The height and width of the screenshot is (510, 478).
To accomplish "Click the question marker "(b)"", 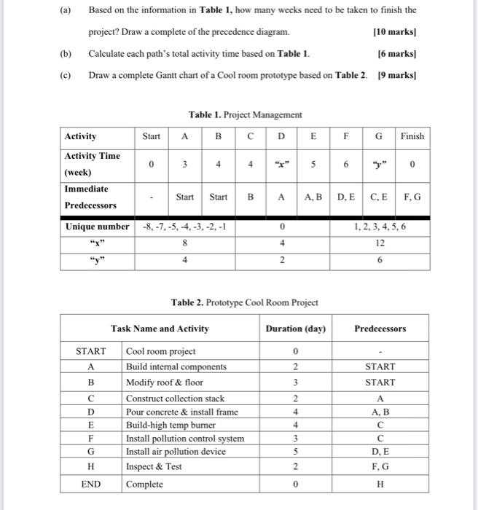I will pyautogui.click(x=66, y=54).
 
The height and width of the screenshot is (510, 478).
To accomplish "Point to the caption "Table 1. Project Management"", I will pyautogui.click(x=245, y=114).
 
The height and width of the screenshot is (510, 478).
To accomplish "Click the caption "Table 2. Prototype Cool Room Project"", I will pyautogui.click(x=244, y=302).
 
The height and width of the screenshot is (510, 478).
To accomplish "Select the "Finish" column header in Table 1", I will pyautogui.click(x=412, y=136).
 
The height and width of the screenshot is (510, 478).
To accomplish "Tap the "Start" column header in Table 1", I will pyautogui.click(x=151, y=136).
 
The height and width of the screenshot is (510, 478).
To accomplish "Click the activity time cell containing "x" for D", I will pyautogui.click(x=281, y=165).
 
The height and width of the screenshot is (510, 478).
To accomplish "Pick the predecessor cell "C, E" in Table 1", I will pyautogui.click(x=378, y=197).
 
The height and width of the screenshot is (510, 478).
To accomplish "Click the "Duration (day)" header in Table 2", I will pyautogui.click(x=294, y=329).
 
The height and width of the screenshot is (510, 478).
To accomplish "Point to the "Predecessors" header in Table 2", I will pyautogui.click(x=380, y=329).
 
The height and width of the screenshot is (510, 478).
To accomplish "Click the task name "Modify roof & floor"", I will pyautogui.click(x=165, y=382).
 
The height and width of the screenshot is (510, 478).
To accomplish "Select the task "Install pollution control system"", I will pyautogui.click(x=185, y=439).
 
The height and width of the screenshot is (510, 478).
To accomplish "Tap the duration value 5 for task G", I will pyautogui.click(x=294, y=452).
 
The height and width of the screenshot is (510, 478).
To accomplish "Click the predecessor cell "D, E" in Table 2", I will pyautogui.click(x=380, y=452).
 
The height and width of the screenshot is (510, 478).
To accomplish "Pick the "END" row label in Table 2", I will pyautogui.click(x=91, y=484).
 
